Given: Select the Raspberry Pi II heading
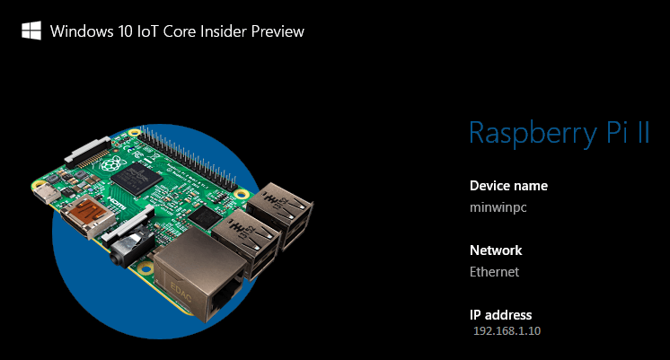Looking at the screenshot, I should tap(559, 133).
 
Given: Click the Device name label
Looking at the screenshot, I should tap(508, 186).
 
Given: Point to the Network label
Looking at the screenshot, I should tap(496, 250).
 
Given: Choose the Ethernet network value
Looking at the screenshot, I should tap(494, 271).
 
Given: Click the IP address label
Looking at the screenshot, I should tap(501, 315).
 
